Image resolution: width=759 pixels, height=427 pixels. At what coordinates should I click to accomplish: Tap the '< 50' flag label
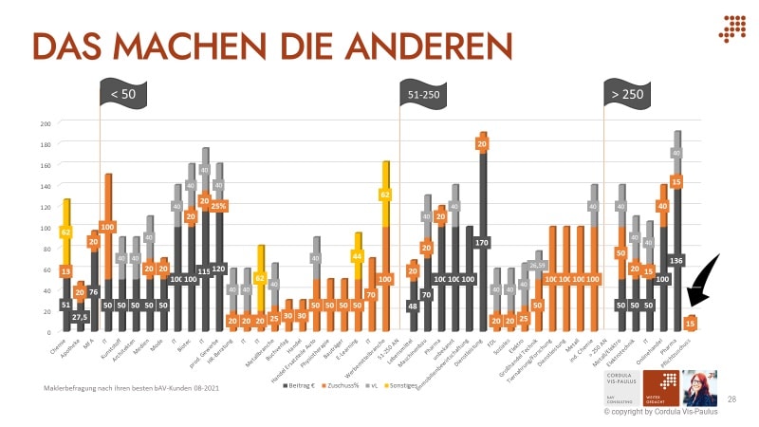click(122, 94)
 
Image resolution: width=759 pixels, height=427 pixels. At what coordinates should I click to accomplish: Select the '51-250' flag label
click(423, 94)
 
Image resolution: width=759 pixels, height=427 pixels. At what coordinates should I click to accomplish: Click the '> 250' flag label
click(627, 94)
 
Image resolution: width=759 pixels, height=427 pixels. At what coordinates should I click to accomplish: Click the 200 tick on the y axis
click(45, 123)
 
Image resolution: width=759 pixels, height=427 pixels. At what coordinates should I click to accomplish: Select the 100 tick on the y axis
click(45, 228)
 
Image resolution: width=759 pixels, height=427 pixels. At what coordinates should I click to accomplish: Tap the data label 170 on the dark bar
click(483, 243)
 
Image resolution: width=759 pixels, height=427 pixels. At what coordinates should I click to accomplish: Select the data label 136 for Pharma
click(677, 259)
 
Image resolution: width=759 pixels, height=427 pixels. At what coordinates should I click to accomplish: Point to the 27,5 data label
click(81, 317)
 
